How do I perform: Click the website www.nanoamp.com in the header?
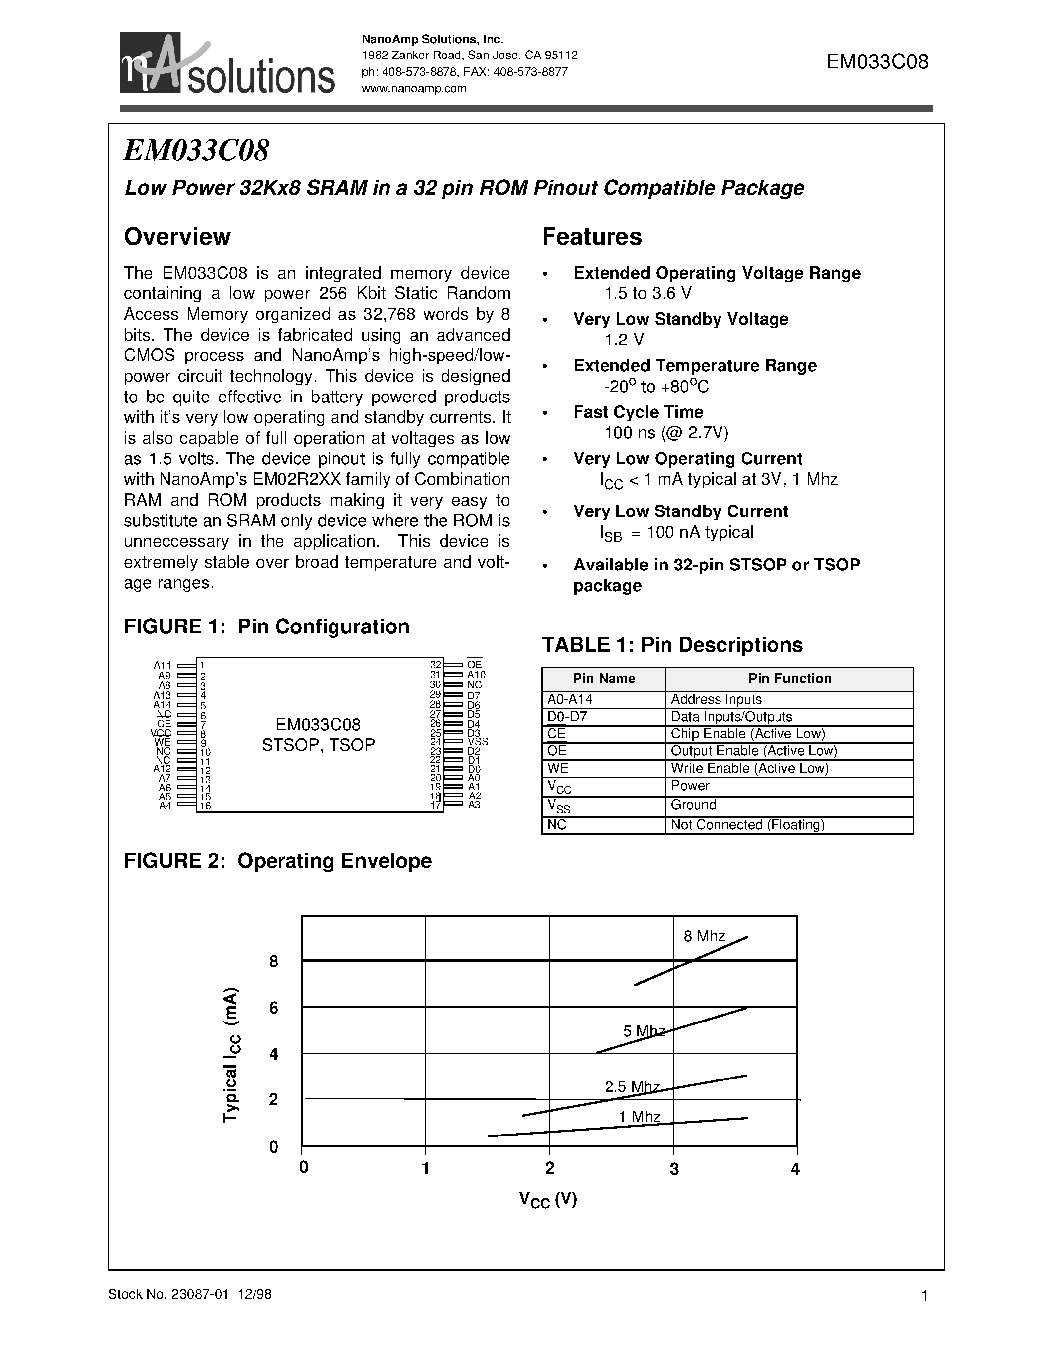tap(414, 88)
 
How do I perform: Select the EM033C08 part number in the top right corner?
tap(877, 62)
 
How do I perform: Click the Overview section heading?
tap(177, 236)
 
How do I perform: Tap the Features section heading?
tap(591, 236)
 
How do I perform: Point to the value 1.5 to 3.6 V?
tap(648, 293)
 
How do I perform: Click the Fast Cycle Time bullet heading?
tap(638, 412)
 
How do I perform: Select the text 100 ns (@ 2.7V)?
tap(666, 433)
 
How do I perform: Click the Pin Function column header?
tap(789, 679)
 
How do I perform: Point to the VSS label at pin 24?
tap(478, 742)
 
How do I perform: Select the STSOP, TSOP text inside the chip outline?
tap(318, 745)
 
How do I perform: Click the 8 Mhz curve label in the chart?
tap(704, 936)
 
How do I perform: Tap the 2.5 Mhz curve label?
tap(632, 1086)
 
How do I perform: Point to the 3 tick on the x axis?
tap(674, 1169)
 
